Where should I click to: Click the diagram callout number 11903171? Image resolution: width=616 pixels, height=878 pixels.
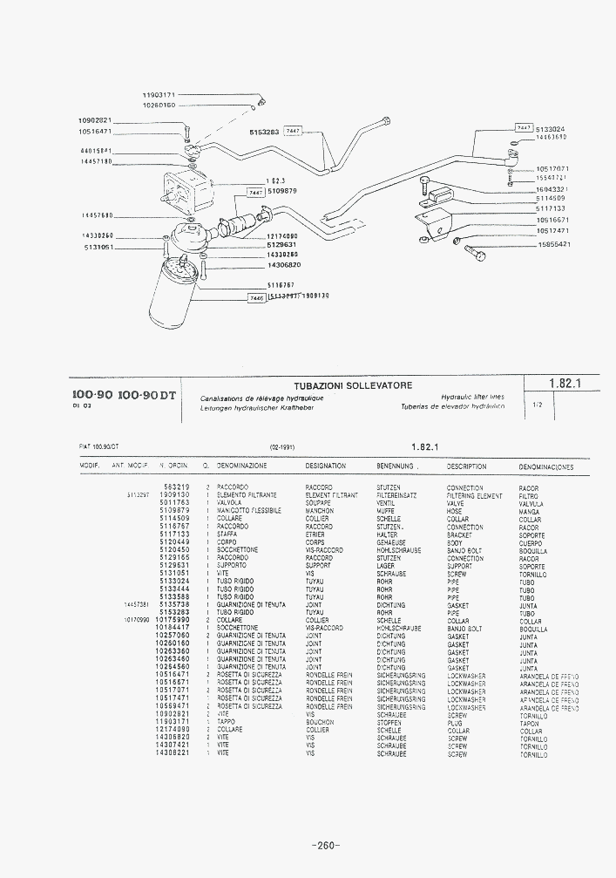coord(159,93)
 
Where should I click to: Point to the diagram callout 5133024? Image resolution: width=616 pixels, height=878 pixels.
coord(551,128)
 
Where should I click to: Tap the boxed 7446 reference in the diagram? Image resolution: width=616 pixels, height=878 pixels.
coord(255,297)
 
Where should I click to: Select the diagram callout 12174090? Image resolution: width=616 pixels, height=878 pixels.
coord(282,235)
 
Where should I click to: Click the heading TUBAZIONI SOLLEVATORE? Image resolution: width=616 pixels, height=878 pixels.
coord(353,385)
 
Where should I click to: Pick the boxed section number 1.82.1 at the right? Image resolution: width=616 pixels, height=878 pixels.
coord(565,383)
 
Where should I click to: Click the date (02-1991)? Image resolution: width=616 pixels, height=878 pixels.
coord(282,446)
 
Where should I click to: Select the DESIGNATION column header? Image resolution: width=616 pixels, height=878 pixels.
coord(326,466)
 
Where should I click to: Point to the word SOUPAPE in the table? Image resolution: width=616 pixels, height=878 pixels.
coord(319,503)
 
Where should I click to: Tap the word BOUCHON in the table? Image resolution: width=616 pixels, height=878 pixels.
coord(320,723)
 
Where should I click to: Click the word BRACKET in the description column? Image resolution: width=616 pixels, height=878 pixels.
coord(459,534)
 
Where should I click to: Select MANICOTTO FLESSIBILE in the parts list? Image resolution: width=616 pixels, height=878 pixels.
coord(252,511)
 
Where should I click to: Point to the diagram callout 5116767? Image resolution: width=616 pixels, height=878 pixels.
coord(281,285)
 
